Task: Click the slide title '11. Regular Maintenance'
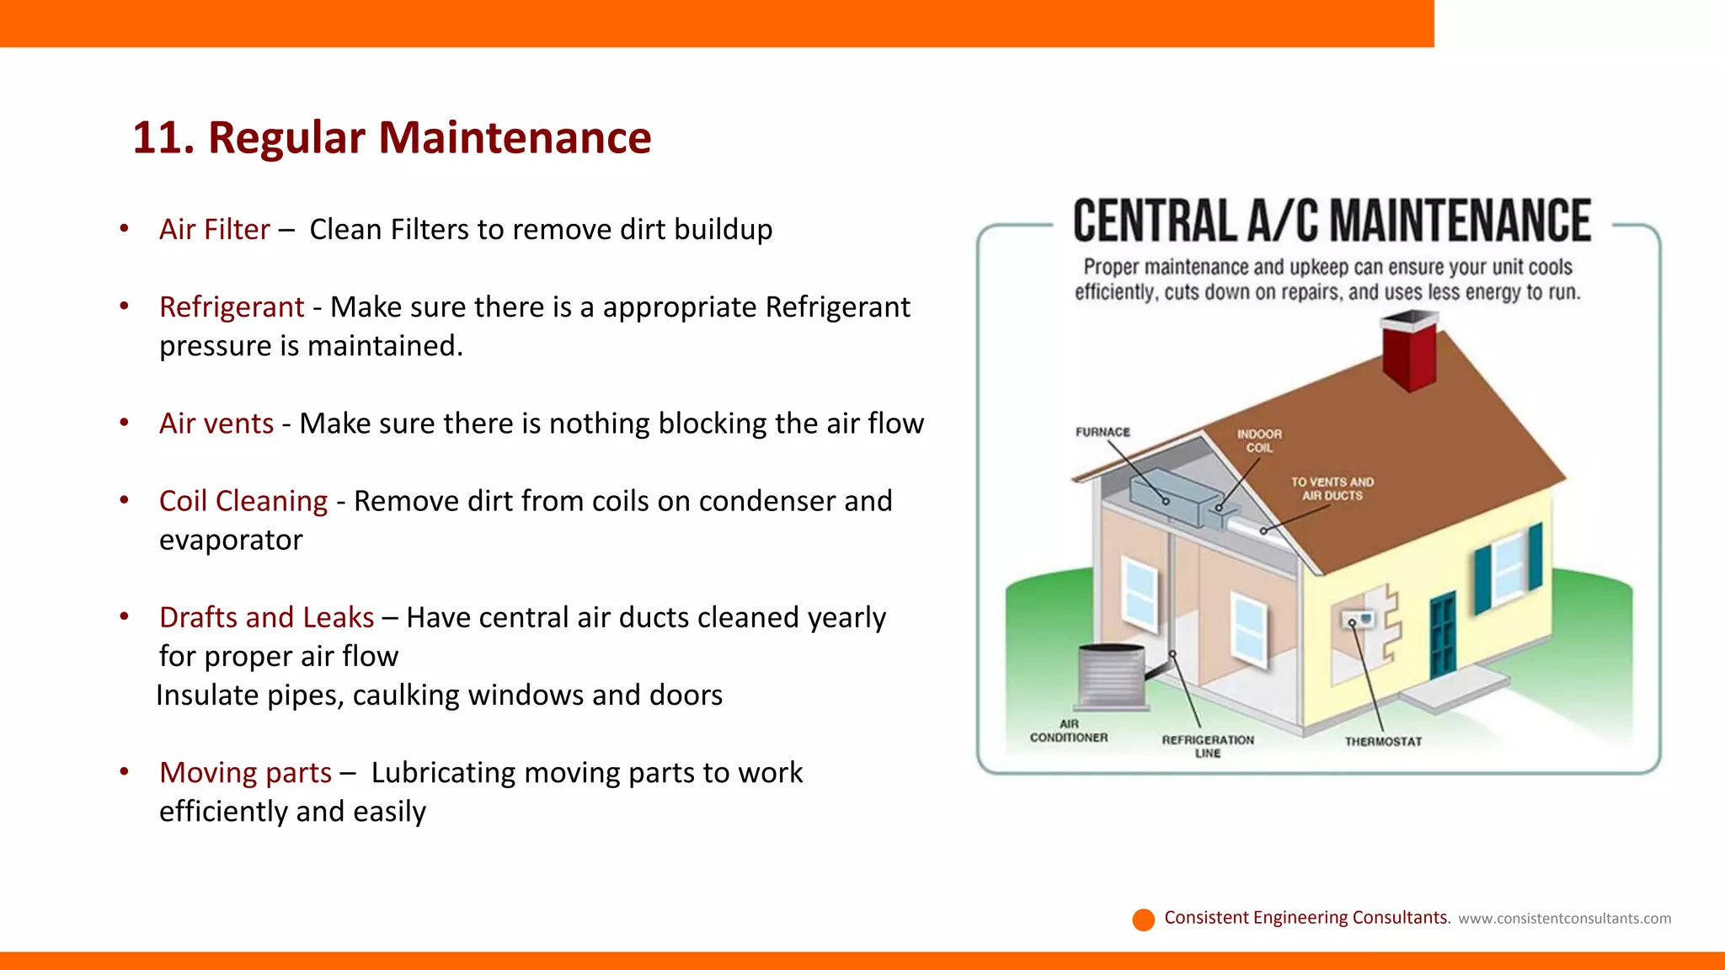coord(392,137)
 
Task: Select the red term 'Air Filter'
coord(214,229)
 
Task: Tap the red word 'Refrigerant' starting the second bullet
coord(232,307)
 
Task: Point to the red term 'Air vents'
coord(216,424)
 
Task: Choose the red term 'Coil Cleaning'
coord(243,501)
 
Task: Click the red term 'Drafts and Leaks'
coord(266,617)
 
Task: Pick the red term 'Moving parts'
coord(245,772)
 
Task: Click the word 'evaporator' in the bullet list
coord(231,540)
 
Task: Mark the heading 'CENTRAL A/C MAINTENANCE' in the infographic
coord(1332,221)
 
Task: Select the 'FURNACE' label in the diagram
coord(1103,432)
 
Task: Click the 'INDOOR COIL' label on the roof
coord(1259,440)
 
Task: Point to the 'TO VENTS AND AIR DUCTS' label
coord(1332,488)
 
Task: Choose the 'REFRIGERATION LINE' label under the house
coord(1208,746)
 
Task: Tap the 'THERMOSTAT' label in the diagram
coord(1383,742)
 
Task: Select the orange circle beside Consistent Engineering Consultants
coord(1143,919)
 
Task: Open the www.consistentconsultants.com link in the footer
coord(1564,919)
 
